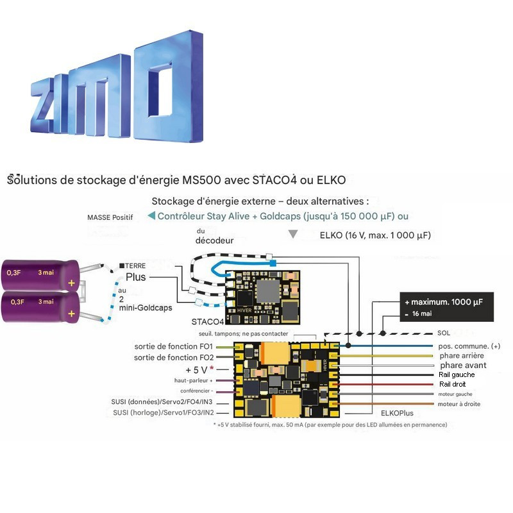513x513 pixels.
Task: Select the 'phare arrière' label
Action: [x=461, y=355]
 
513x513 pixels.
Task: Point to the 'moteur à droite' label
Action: [x=459, y=404]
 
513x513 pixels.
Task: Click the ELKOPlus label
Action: [x=399, y=414]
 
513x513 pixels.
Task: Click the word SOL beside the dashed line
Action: [x=444, y=333]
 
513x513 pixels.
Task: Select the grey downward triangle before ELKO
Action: [x=293, y=235]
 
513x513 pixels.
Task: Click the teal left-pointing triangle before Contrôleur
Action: [x=151, y=216]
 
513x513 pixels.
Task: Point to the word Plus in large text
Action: [x=136, y=278]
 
